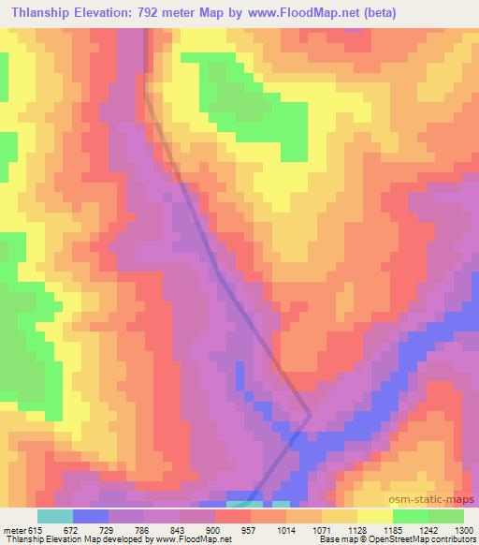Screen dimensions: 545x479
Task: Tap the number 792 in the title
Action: (x=177, y=13)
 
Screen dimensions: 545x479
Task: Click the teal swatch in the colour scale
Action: (x=55, y=516)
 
